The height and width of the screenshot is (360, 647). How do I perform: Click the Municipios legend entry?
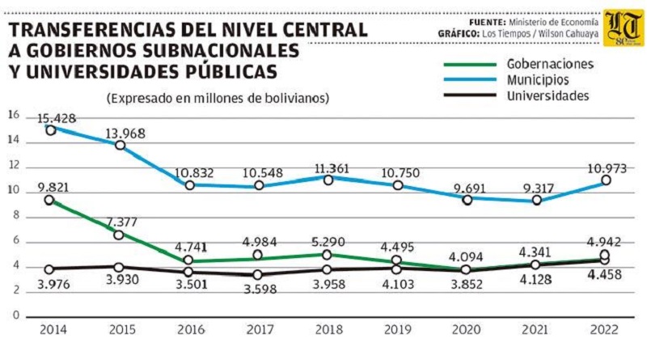(538, 80)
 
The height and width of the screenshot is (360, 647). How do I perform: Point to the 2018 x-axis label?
(327, 330)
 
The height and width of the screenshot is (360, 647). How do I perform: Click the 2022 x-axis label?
(604, 330)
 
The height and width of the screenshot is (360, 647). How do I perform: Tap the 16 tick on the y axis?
(13, 115)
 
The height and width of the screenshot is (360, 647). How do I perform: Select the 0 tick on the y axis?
(13, 315)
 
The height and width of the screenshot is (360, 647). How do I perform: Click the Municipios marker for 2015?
(120, 145)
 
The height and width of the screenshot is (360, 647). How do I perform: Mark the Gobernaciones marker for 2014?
(50, 200)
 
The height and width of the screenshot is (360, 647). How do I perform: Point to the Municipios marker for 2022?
(605, 180)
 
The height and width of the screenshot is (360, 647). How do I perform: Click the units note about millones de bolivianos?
(216, 98)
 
